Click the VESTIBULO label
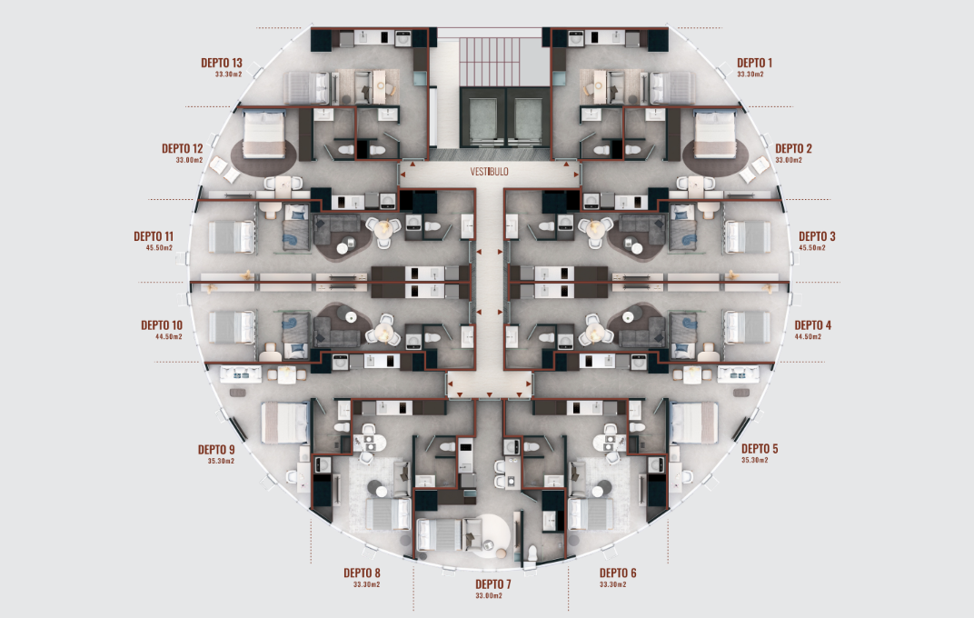[489, 172]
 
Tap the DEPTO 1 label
[754, 63]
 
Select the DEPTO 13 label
[221, 63]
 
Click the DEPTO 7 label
[493, 584]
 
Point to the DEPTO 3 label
[817, 236]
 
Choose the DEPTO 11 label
[154, 236]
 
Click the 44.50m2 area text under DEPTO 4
[808, 336]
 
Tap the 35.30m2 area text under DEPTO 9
[221, 461]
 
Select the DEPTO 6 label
[618, 573]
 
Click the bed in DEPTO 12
[264, 135]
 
